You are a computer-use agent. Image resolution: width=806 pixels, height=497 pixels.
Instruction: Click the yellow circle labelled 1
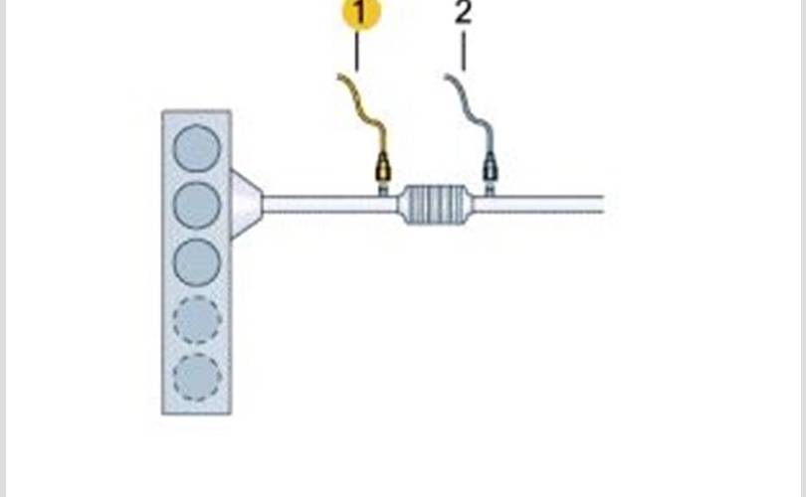tap(361, 13)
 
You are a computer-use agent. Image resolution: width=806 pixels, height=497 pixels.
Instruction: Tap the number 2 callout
tap(463, 14)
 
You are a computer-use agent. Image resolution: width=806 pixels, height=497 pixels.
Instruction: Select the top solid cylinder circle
tap(197, 149)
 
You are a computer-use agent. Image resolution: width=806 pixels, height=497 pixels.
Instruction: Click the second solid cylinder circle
tap(197, 206)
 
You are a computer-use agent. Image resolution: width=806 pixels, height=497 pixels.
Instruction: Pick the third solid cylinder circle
tap(197, 262)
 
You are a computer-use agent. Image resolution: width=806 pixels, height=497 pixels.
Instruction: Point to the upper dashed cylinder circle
tap(197, 320)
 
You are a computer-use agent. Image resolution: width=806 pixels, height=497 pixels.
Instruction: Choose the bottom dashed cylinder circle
tap(197, 377)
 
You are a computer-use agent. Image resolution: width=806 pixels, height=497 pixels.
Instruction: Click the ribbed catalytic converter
tap(435, 205)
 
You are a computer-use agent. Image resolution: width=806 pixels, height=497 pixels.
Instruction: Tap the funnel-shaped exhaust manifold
tap(246, 205)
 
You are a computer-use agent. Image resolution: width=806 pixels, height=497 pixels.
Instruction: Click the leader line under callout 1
tap(356, 52)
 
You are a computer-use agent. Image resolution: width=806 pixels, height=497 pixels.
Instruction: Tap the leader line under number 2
tap(463, 52)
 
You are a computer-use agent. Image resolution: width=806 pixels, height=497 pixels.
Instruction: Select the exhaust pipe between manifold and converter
tap(328, 205)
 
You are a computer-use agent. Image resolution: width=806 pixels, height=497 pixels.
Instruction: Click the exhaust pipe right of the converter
tap(537, 205)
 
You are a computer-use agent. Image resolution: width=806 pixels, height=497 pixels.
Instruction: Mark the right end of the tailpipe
tap(600, 205)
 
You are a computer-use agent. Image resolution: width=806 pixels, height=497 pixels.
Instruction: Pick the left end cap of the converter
tap(404, 205)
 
